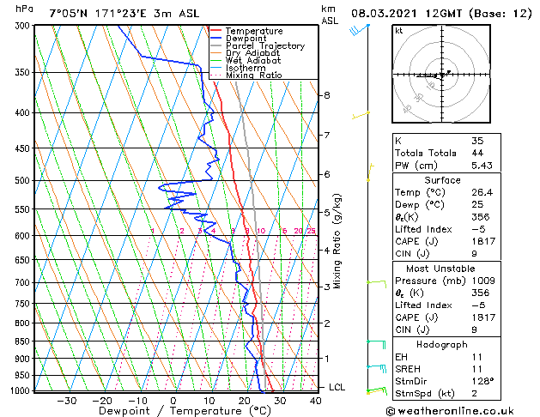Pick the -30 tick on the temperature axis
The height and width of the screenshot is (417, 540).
tap(66, 400)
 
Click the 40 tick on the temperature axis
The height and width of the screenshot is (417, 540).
tap(316, 400)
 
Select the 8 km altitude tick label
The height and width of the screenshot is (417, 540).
tap(327, 95)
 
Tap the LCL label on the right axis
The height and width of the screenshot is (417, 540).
tap(337, 388)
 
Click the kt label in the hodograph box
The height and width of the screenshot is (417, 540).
tap(398, 30)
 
